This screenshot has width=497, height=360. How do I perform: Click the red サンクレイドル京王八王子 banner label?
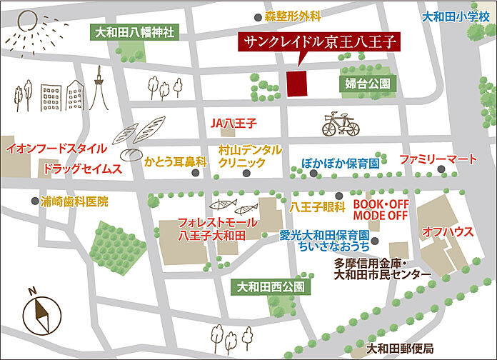click(318, 41)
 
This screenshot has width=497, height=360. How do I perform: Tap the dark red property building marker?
click(296, 82)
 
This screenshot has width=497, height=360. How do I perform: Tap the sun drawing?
click(27, 26)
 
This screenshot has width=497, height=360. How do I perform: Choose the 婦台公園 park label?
click(368, 84)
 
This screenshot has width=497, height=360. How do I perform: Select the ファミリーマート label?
click(438, 157)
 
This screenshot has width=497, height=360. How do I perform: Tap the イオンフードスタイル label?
click(56, 149)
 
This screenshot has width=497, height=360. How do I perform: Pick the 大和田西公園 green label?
click(271, 287)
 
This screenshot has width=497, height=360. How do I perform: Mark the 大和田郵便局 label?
click(399, 349)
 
